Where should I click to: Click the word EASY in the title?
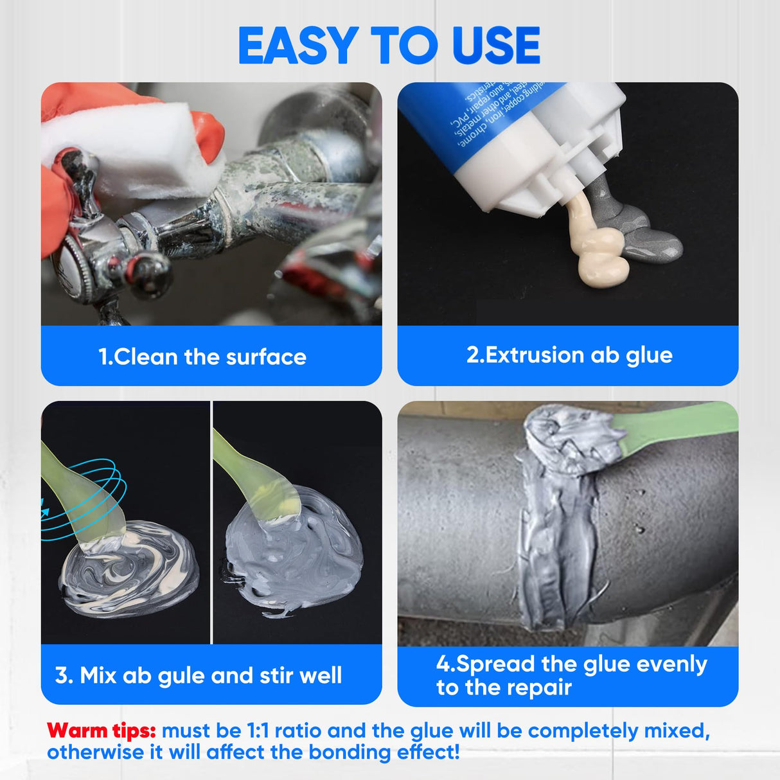coord(297,46)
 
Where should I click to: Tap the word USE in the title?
coord(495,46)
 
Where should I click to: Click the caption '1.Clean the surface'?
coord(202,357)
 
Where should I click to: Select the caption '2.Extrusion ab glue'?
coord(569,355)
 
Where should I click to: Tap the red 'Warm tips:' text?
coord(102,731)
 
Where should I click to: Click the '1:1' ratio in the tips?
coord(258,731)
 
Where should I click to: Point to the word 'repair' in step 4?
coord(539,687)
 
